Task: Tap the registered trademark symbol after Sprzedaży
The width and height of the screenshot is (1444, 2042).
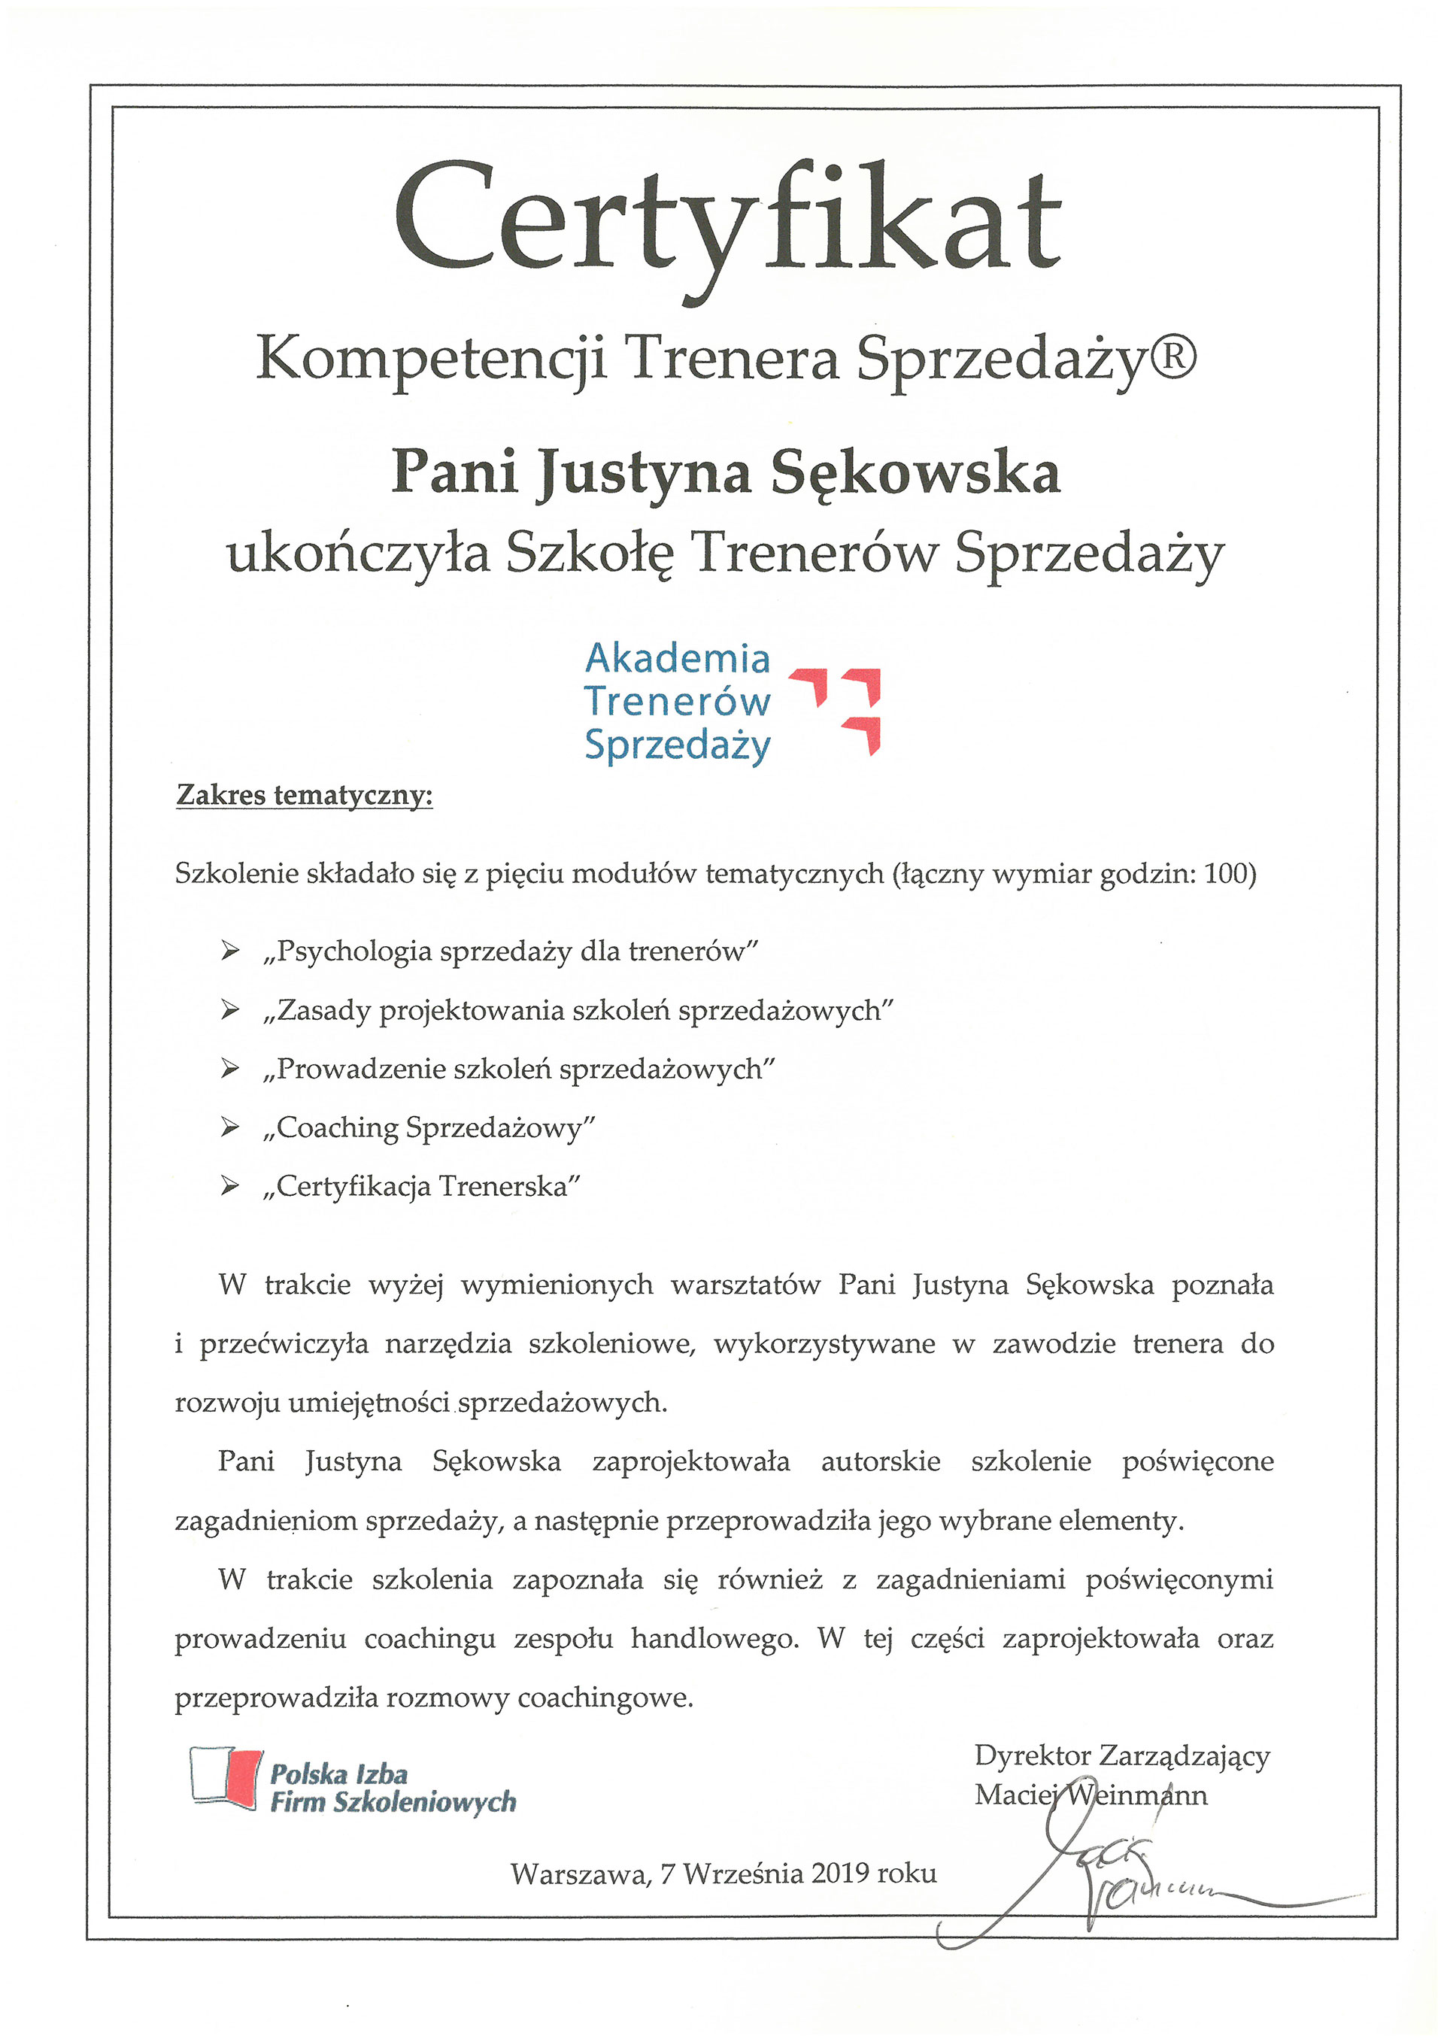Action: pyautogui.click(x=1172, y=356)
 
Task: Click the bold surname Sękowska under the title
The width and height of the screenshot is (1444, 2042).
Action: pyautogui.click(x=915, y=473)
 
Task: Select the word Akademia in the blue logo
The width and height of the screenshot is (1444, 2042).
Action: pyautogui.click(x=678, y=659)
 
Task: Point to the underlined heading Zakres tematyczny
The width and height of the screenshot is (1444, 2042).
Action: pyautogui.click(x=304, y=794)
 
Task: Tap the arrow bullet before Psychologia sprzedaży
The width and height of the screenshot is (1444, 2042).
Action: pyautogui.click(x=230, y=951)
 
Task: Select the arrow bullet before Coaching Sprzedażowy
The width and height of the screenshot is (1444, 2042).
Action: pyautogui.click(x=230, y=1127)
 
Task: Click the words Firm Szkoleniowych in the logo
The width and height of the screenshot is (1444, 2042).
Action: pyautogui.click(x=393, y=1802)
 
